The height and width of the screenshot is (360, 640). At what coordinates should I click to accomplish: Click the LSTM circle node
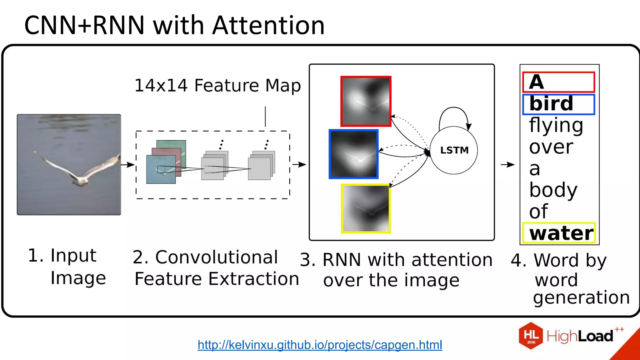tap(454, 150)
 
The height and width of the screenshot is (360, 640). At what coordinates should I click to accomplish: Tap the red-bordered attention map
tap(366, 101)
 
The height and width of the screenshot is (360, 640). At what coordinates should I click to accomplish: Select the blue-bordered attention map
tap(354, 154)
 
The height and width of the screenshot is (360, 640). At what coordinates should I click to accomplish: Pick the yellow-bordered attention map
tap(366, 208)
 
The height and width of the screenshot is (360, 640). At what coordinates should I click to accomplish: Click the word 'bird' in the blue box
tap(551, 104)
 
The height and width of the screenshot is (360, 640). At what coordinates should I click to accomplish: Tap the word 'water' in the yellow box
tap(561, 233)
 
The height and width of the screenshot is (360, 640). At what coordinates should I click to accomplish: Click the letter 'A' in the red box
tap(537, 82)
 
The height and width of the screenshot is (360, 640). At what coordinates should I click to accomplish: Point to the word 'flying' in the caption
tap(556, 126)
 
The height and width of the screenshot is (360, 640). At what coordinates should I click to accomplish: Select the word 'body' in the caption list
tap(553, 190)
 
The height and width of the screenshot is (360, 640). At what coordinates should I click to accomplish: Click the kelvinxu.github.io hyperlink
tap(320, 345)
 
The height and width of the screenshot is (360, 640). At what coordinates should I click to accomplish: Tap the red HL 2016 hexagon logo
tap(531, 336)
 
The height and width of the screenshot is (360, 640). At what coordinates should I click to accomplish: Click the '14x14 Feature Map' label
tap(217, 85)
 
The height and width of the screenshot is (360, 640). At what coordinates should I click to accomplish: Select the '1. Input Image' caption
tap(67, 266)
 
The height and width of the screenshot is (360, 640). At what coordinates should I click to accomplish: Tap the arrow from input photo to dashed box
tap(127, 165)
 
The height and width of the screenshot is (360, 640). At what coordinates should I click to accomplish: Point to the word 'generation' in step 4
tap(581, 297)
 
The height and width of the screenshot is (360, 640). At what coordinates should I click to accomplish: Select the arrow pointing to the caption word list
tap(507, 165)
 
